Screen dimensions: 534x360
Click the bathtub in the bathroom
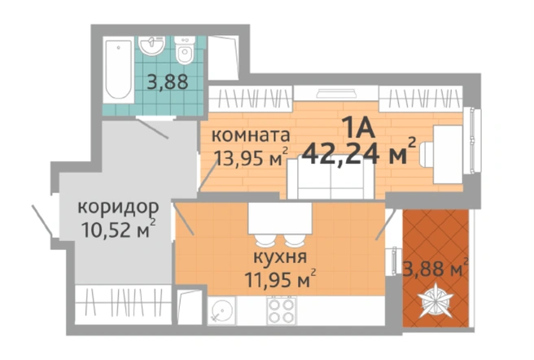point(119,69)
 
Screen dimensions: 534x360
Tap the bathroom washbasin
point(152,46)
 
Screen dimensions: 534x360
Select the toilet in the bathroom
point(185,50)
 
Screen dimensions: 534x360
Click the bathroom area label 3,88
point(168,81)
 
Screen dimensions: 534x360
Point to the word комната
point(251,135)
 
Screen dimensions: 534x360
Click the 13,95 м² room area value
point(251,157)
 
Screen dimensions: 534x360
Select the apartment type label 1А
point(359,127)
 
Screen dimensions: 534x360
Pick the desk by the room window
point(448,154)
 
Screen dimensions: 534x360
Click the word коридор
point(118,207)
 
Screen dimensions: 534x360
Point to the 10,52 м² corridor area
point(118,229)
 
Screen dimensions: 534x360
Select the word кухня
point(280,257)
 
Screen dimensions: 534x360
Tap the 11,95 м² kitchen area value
point(280,279)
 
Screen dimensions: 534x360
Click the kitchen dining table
point(280,218)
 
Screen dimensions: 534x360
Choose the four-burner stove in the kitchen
point(282,311)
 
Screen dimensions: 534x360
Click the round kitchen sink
point(221,311)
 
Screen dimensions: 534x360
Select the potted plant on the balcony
point(436,301)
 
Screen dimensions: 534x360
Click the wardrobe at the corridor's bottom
point(123,305)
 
